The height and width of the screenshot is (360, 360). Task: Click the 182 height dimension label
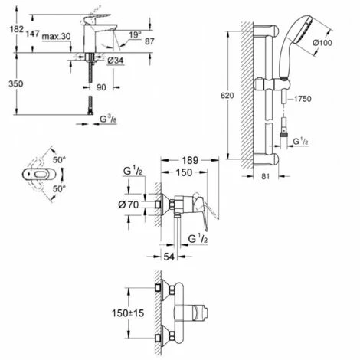(x=17, y=29)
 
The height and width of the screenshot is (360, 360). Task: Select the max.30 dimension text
(x=56, y=37)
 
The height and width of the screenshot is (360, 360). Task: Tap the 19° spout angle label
(x=135, y=35)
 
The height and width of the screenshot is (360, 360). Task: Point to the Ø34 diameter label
(x=116, y=61)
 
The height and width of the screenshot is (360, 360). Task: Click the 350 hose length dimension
(x=16, y=83)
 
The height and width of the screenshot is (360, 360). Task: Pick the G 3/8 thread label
(x=108, y=119)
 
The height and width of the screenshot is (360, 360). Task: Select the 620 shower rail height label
(x=227, y=96)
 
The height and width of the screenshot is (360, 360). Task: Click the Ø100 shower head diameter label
(x=322, y=43)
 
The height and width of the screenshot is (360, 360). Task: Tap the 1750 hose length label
(x=302, y=99)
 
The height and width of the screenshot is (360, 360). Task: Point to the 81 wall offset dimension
(x=266, y=176)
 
